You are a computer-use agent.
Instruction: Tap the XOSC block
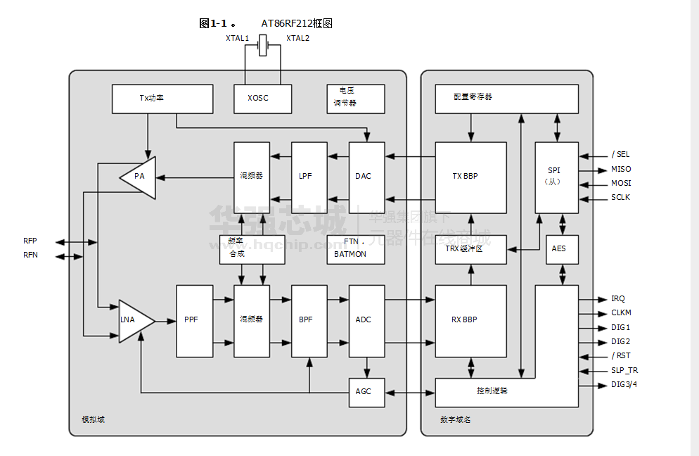point(258,99)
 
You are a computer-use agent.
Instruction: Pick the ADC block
point(366,320)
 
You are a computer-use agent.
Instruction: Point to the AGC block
point(366,392)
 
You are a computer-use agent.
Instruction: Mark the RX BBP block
point(470,320)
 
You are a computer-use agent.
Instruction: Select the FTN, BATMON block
point(355,248)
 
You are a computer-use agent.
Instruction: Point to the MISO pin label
point(621,170)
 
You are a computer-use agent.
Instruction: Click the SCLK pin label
point(621,198)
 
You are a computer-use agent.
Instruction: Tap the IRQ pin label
point(618,299)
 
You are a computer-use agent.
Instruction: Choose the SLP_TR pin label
point(624,370)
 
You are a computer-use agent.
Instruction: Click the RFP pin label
point(30,241)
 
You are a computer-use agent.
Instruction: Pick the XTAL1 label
point(238,38)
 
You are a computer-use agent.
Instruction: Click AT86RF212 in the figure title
point(288,23)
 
